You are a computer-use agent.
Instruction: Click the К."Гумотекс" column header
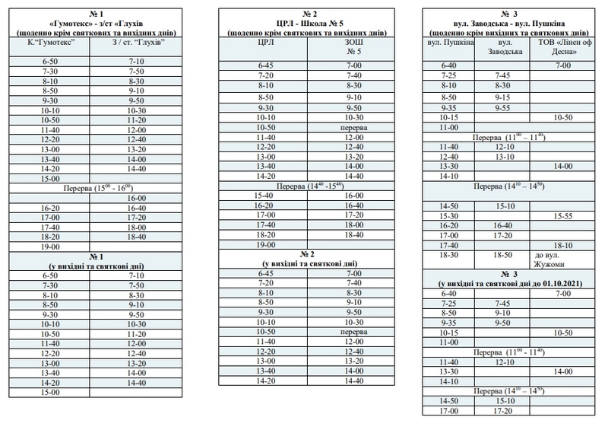pyautogui.click(x=49, y=44)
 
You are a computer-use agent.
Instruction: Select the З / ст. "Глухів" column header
pyautogui.click(x=137, y=44)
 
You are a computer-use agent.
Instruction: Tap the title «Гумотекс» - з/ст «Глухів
pyautogui.click(x=94, y=24)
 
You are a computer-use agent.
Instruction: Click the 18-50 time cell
pyautogui.click(x=502, y=256)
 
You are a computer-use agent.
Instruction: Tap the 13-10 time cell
pyautogui.click(x=502, y=156)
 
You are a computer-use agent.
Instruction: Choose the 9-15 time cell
pyautogui.click(x=502, y=97)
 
